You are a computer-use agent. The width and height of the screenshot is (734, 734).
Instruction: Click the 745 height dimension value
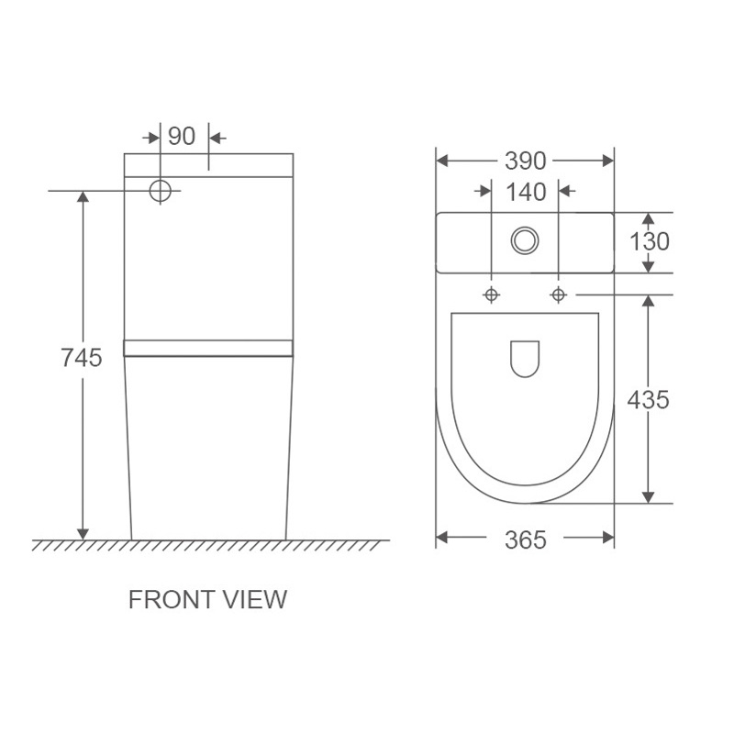point(82,358)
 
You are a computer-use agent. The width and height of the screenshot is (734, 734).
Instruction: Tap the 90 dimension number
point(182,136)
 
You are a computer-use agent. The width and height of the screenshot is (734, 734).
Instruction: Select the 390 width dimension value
point(525,161)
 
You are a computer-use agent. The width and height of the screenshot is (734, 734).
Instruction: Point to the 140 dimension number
point(526,193)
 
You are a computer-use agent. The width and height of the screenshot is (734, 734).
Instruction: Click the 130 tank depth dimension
point(650,241)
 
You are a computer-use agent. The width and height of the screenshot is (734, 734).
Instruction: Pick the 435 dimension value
point(649,400)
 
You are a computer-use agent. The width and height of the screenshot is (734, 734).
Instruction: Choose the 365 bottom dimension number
point(525,539)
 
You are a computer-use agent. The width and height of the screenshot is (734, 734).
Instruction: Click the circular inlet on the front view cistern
point(160,191)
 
